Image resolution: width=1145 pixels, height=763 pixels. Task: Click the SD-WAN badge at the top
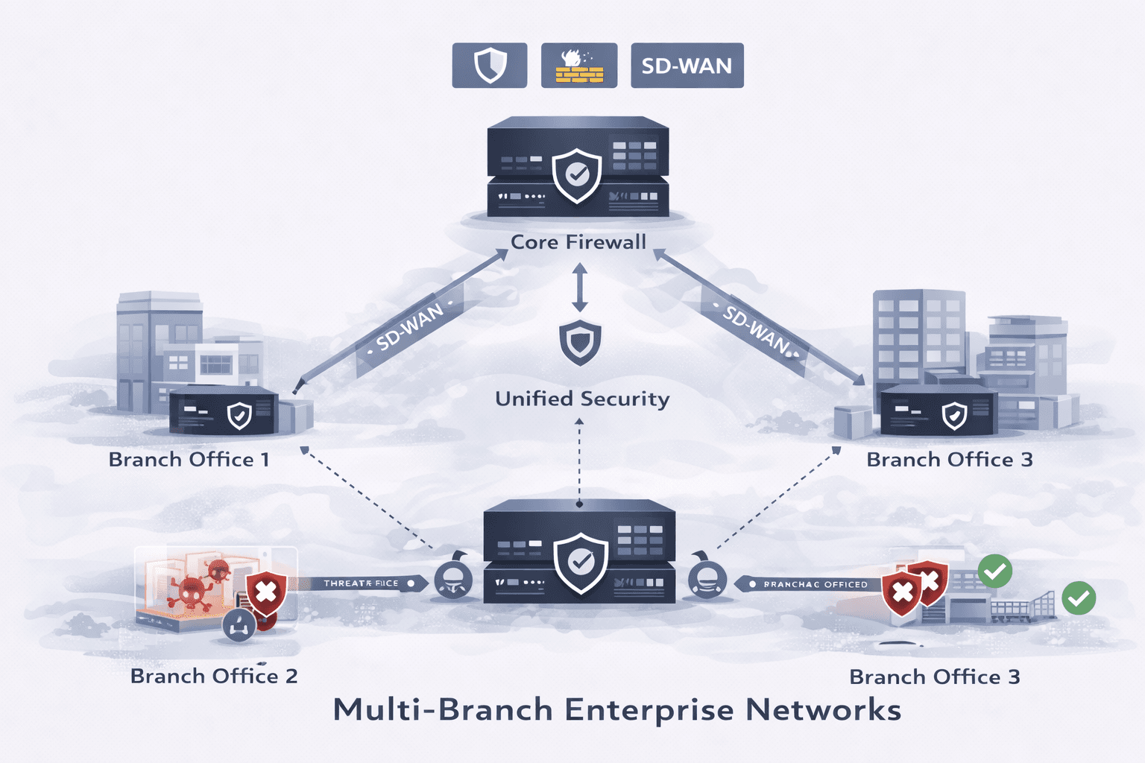pyautogui.click(x=687, y=66)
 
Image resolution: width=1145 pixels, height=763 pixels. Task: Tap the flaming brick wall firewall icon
pyautogui.click(x=579, y=66)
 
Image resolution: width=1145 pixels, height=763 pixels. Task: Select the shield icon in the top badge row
pyautogui.click(x=490, y=66)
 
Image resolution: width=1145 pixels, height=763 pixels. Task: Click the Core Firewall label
pyautogui.click(x=578, y=242)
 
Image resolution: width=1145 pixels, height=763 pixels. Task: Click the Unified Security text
pyautogui.click(x=582, y=399)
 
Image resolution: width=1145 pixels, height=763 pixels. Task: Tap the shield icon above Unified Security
pyautogui.click(x=580, y=343)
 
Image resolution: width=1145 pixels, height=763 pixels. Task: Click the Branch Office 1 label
pyautogui.click(x=189, y=460)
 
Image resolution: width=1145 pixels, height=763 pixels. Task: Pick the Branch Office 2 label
pyautogui.click(x=214, y=676)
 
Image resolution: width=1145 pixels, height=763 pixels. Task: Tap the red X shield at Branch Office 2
pyautogui.click(x=266, y=593)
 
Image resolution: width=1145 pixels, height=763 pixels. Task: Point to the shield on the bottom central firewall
pyautogui.click(x=581, y=562)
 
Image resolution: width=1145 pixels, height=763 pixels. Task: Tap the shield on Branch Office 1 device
pyautogui.click(x=239, y=416)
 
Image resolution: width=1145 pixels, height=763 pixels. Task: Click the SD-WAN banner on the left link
pyautogui.click(x=410, y=327)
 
